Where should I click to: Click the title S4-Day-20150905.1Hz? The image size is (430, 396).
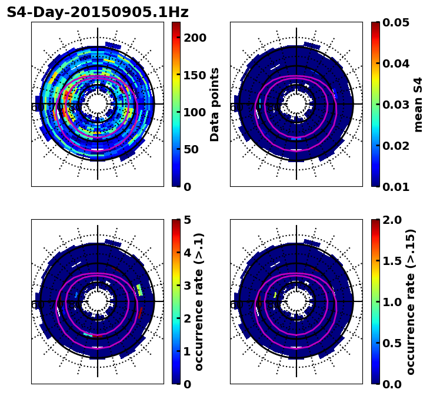pos(98,12)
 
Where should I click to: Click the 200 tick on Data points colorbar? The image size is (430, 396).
pos(195,38)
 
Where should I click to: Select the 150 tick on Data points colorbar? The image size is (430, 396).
pos(195,75)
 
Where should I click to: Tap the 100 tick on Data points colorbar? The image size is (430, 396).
pos(195,112)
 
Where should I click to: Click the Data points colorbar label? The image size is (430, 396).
pos(215,104)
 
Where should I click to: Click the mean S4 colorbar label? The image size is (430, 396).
pos(418,104)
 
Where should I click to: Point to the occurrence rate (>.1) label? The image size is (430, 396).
pos(199,301)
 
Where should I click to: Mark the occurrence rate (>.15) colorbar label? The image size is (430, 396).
pos(411,301)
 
